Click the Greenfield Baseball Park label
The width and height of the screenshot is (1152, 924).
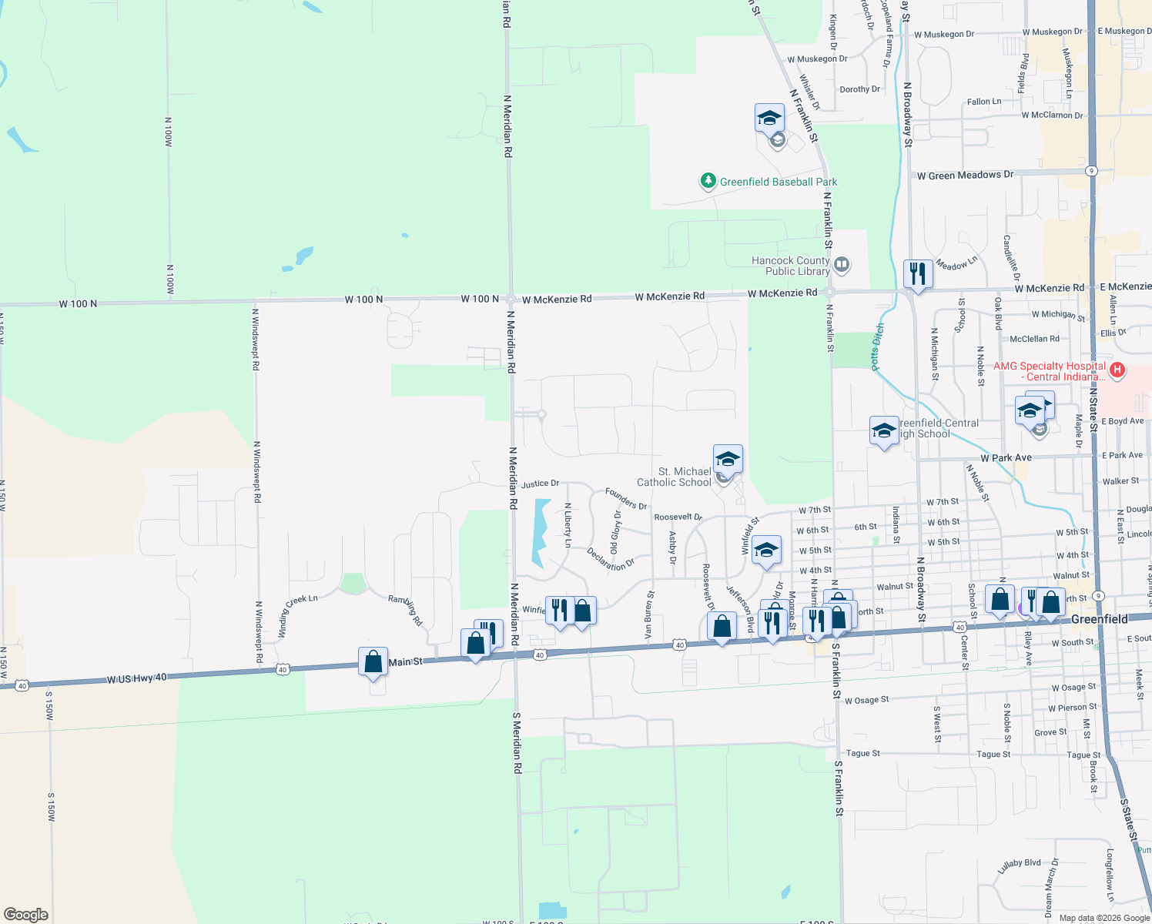pyautogui.click(x=778, y=182)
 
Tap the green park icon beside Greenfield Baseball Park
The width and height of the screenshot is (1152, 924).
pyautogui.click(x=708, y=181)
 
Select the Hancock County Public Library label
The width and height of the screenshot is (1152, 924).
pyautogui.click(x=791, y=266)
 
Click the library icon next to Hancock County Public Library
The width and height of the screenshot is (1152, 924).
pyautogui.click(x=842, y=265)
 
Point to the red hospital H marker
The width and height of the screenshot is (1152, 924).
pyautogui.click(x=1117, y=370)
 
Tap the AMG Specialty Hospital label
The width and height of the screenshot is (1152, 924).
pyautogui.click(x=1050, y=371)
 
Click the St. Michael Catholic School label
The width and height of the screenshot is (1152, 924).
pyautogui.click(x=674, y=477)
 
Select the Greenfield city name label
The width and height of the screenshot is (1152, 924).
pyautogui.click(x=1099, y=619)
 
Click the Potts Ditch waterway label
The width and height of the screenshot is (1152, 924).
pyautogui.click(x=878, y=347)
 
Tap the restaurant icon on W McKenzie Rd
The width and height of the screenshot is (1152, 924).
pyautogui.click(x=918, y=273)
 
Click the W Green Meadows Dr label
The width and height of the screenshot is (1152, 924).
pyautogui.click(x=965, y=176)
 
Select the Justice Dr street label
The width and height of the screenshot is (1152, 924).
pyautogui.click(x=540, y=484)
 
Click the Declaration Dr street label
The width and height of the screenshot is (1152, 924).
pyautogui.click(x=611, y=559)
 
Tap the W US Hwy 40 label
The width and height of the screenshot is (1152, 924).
pyautogui.click(x=136, y=678)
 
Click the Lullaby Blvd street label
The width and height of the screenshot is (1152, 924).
pyautogui.click(x=1019, y=866)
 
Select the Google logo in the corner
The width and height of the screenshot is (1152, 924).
pyautogui.click(x=25, y=915)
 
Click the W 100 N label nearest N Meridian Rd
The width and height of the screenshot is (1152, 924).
pyautogui.click(x=480, y=299)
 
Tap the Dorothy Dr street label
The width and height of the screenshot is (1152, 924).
pyautogui.click(x=859, y=89)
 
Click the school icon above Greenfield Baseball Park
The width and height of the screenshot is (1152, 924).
pyautogui.click(x=769, y=118)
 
